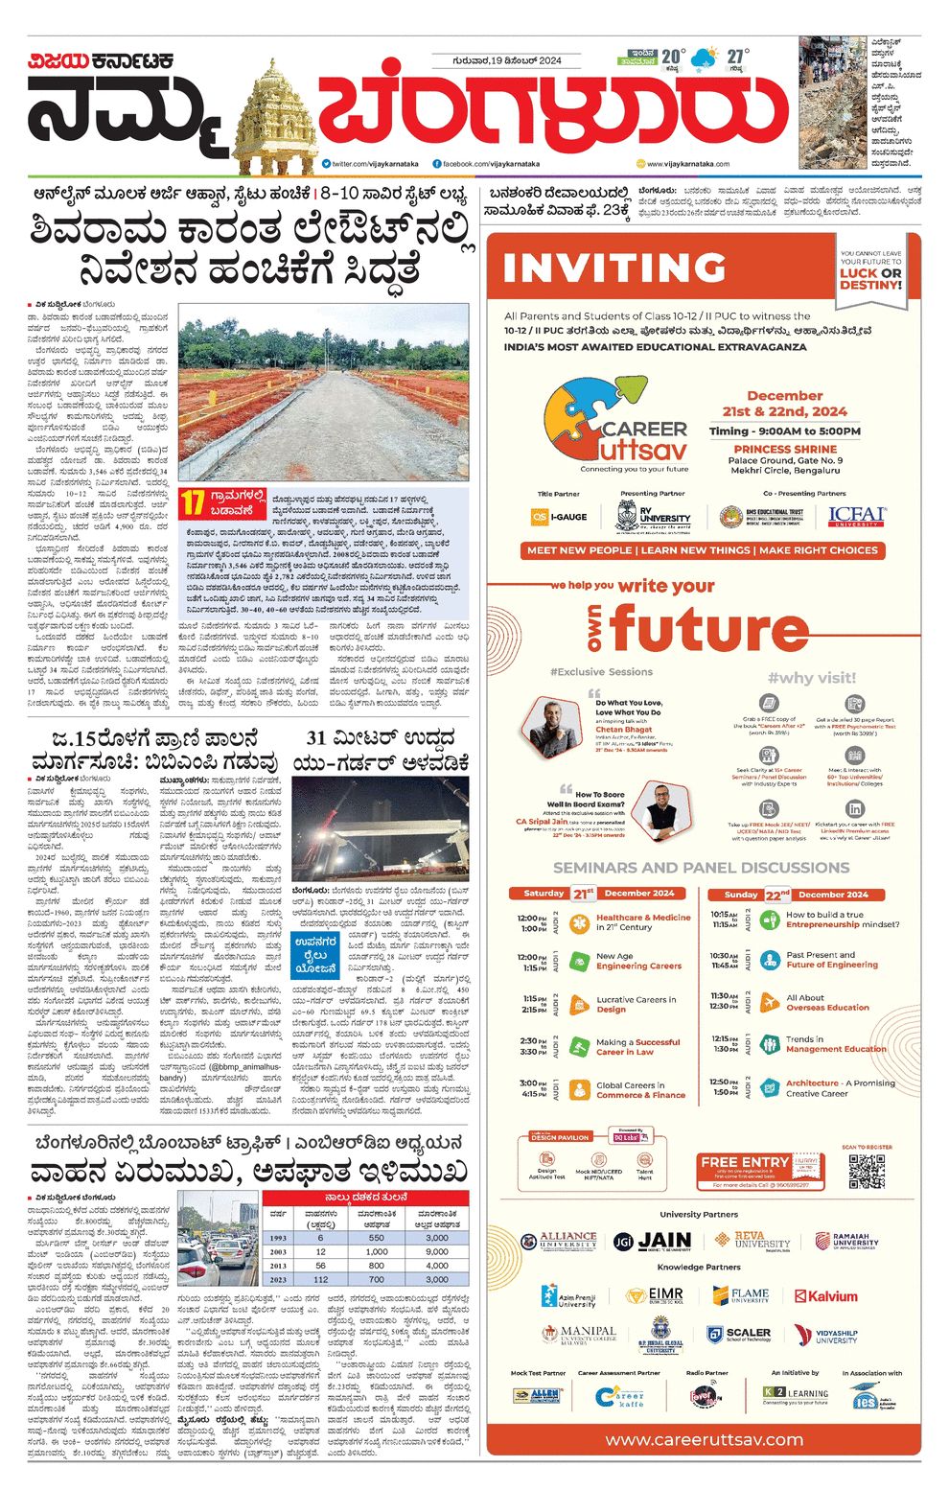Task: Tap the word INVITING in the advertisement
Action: [x=614, y=268]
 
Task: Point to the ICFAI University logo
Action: [x=857, y=518]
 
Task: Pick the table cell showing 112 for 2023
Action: [x=320, y=1279]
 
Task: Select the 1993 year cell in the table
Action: [x=278, y=1238]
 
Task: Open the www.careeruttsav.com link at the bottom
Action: [x=704, y=1439]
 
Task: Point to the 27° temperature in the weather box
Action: [x=735, y=57]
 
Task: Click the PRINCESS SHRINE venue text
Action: [x=784, y=449]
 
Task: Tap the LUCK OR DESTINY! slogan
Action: [x=870, y=278]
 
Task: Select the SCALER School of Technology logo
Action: [x=739, y=1335]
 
